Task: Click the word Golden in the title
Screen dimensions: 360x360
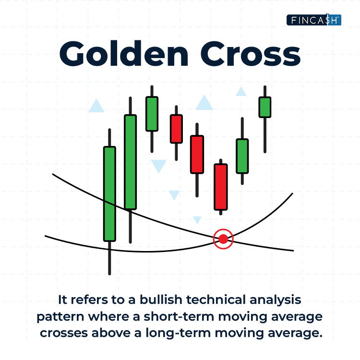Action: click(x=124, y=53)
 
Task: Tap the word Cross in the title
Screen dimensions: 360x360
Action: click(x=251, y=54)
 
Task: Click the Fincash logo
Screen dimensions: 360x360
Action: click(x=314, y=20)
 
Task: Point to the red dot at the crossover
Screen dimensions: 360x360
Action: click(x=223, y=239)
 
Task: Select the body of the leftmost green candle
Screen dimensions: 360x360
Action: click(x=109, y=194)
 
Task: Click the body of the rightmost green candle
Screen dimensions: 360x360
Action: click(x=265, y=107)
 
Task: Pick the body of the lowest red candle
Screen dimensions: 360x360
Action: click(x=221, y=187)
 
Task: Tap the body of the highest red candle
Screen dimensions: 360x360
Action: click(x=176, y=129)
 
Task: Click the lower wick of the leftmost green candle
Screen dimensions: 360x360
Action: click(x=109, y=258)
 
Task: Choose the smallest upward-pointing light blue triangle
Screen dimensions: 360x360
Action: click(x=241, y=92)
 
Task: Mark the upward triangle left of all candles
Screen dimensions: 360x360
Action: click(x=96, y=107)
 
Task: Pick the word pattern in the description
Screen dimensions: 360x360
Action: click(x=60, y=317)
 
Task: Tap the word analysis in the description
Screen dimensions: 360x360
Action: click(x=276, y=300)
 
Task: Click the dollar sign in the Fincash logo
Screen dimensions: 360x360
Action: click(x=328, y=19)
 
